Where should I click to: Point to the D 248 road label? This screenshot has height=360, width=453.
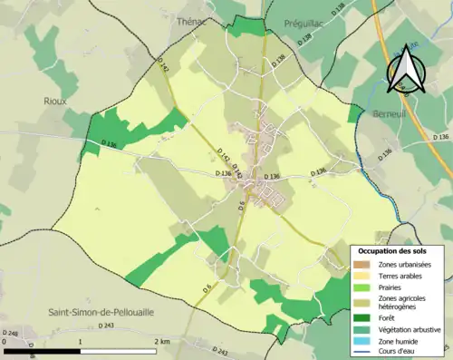click(x=12, y=334)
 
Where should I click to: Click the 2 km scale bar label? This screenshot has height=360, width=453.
click(x=161, y=341)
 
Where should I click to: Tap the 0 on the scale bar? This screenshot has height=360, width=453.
click(x=5, y=341)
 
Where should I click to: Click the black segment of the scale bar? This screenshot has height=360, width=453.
click(x=43, y=351)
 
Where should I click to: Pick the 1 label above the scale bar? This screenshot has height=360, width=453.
click(x=82, y=341)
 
